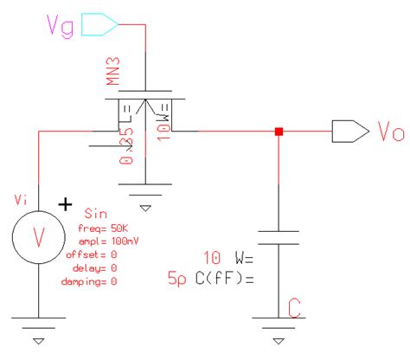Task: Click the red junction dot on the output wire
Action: pyautogui.click(x=279, y=132)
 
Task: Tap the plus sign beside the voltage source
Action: pyautogui.click(x=63, y=205)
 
